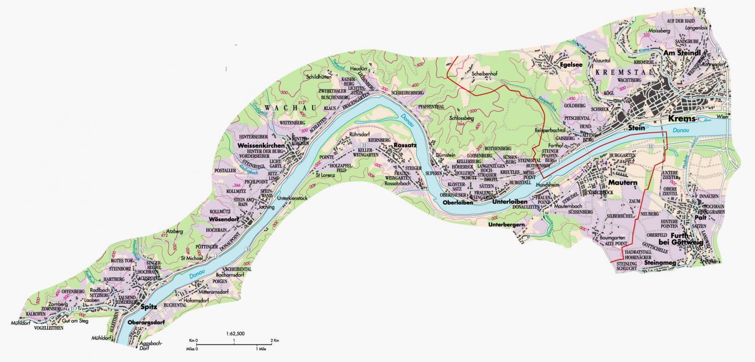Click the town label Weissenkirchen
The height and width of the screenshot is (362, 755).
pyautogui.click(x=261, y=146)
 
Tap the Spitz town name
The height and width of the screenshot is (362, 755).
pyautogui.click(x=149, y=307)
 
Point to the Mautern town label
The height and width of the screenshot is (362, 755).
pyautogui.click(x=622, y=182)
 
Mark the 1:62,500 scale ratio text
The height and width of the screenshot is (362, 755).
pyautogui.click(x=235, y=334)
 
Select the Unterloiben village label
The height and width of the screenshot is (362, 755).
pyautogui.click(x=509, y=202)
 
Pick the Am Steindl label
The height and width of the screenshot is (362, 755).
pyautogui.click(x=684, y=53)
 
